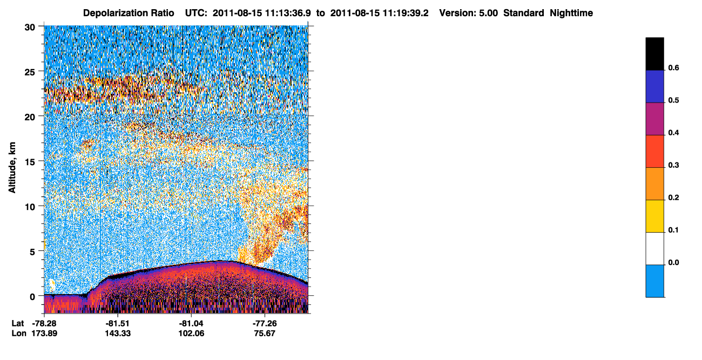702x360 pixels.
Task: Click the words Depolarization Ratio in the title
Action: (129, 13)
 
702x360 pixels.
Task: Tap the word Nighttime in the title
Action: (571, 13)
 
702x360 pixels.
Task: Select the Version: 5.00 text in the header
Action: (468, 13)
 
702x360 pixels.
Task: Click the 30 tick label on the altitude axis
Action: (30, 28)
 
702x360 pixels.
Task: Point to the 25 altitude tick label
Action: (30, 72)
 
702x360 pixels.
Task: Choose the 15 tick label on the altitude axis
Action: (30, 162)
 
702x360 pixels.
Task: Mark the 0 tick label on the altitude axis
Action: (32, 297)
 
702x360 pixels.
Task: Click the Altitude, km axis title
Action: (12, 167)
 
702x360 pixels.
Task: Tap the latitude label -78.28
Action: (44, 323)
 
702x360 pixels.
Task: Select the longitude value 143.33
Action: (118, 334)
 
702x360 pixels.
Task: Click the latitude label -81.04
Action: (191, 323)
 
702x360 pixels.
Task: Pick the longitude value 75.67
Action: (265, 334)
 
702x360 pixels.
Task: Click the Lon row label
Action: (19, 334)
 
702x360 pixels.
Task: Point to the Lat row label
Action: (17, 323)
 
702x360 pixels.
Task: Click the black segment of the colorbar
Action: (654, 54)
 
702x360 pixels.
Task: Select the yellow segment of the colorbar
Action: (654, 216)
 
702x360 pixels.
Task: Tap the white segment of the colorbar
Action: (654, 249)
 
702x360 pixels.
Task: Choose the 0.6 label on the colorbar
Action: (673, 68)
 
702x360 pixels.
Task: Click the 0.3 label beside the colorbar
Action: (673, 166)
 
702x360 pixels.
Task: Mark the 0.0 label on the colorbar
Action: (673, 262)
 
